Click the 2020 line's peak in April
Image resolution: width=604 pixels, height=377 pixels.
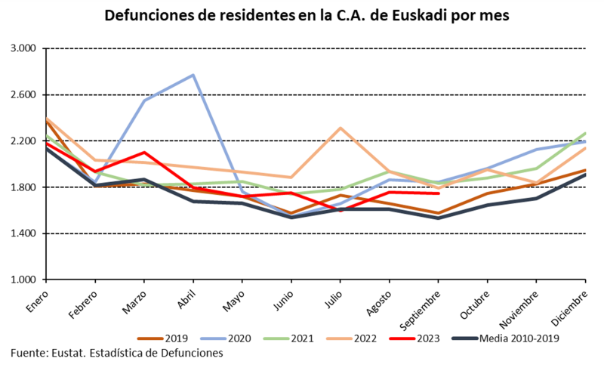(193, 75)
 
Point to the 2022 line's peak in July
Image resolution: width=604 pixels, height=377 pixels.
(341, 128)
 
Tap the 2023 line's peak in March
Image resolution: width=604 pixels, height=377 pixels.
(144, 153)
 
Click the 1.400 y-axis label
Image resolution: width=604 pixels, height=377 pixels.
(25, 233)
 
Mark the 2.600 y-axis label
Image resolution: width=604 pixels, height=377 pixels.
(25, 95)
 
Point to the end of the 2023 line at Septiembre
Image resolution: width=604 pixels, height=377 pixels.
(439, 193)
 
